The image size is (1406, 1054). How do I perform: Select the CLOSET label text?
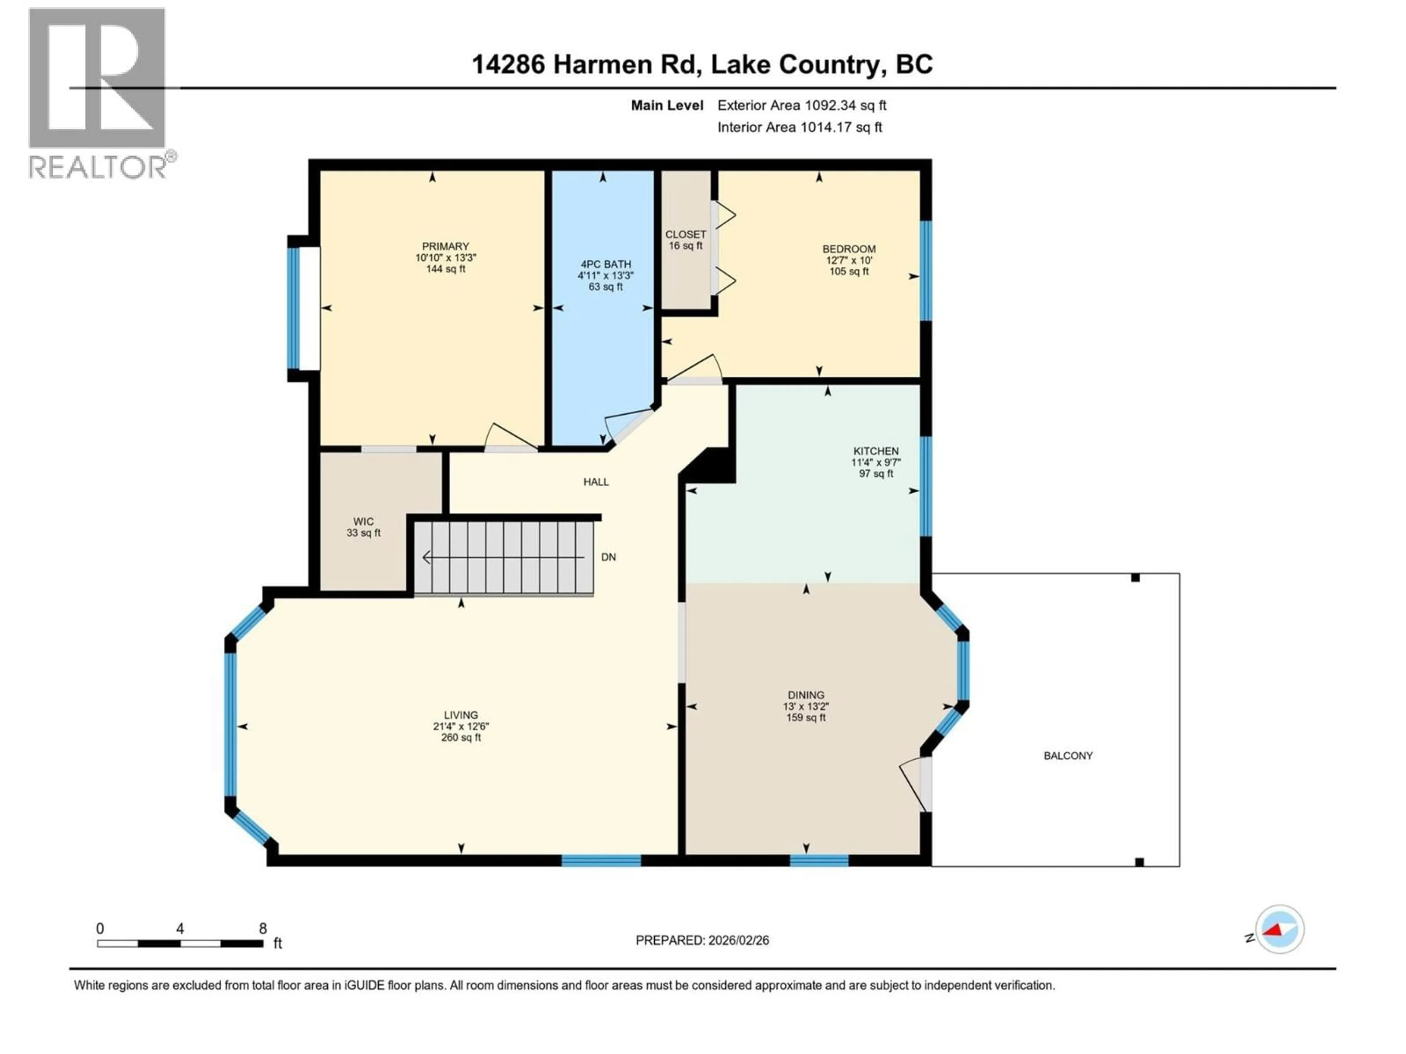(685, 235)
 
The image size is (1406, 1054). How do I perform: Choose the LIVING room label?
(461, 715)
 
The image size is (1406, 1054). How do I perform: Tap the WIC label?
(364, 522)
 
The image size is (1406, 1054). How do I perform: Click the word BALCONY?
(1068, 755)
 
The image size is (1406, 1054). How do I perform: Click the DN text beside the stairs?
(608, 557)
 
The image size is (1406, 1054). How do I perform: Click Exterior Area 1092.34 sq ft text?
(801, 105)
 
